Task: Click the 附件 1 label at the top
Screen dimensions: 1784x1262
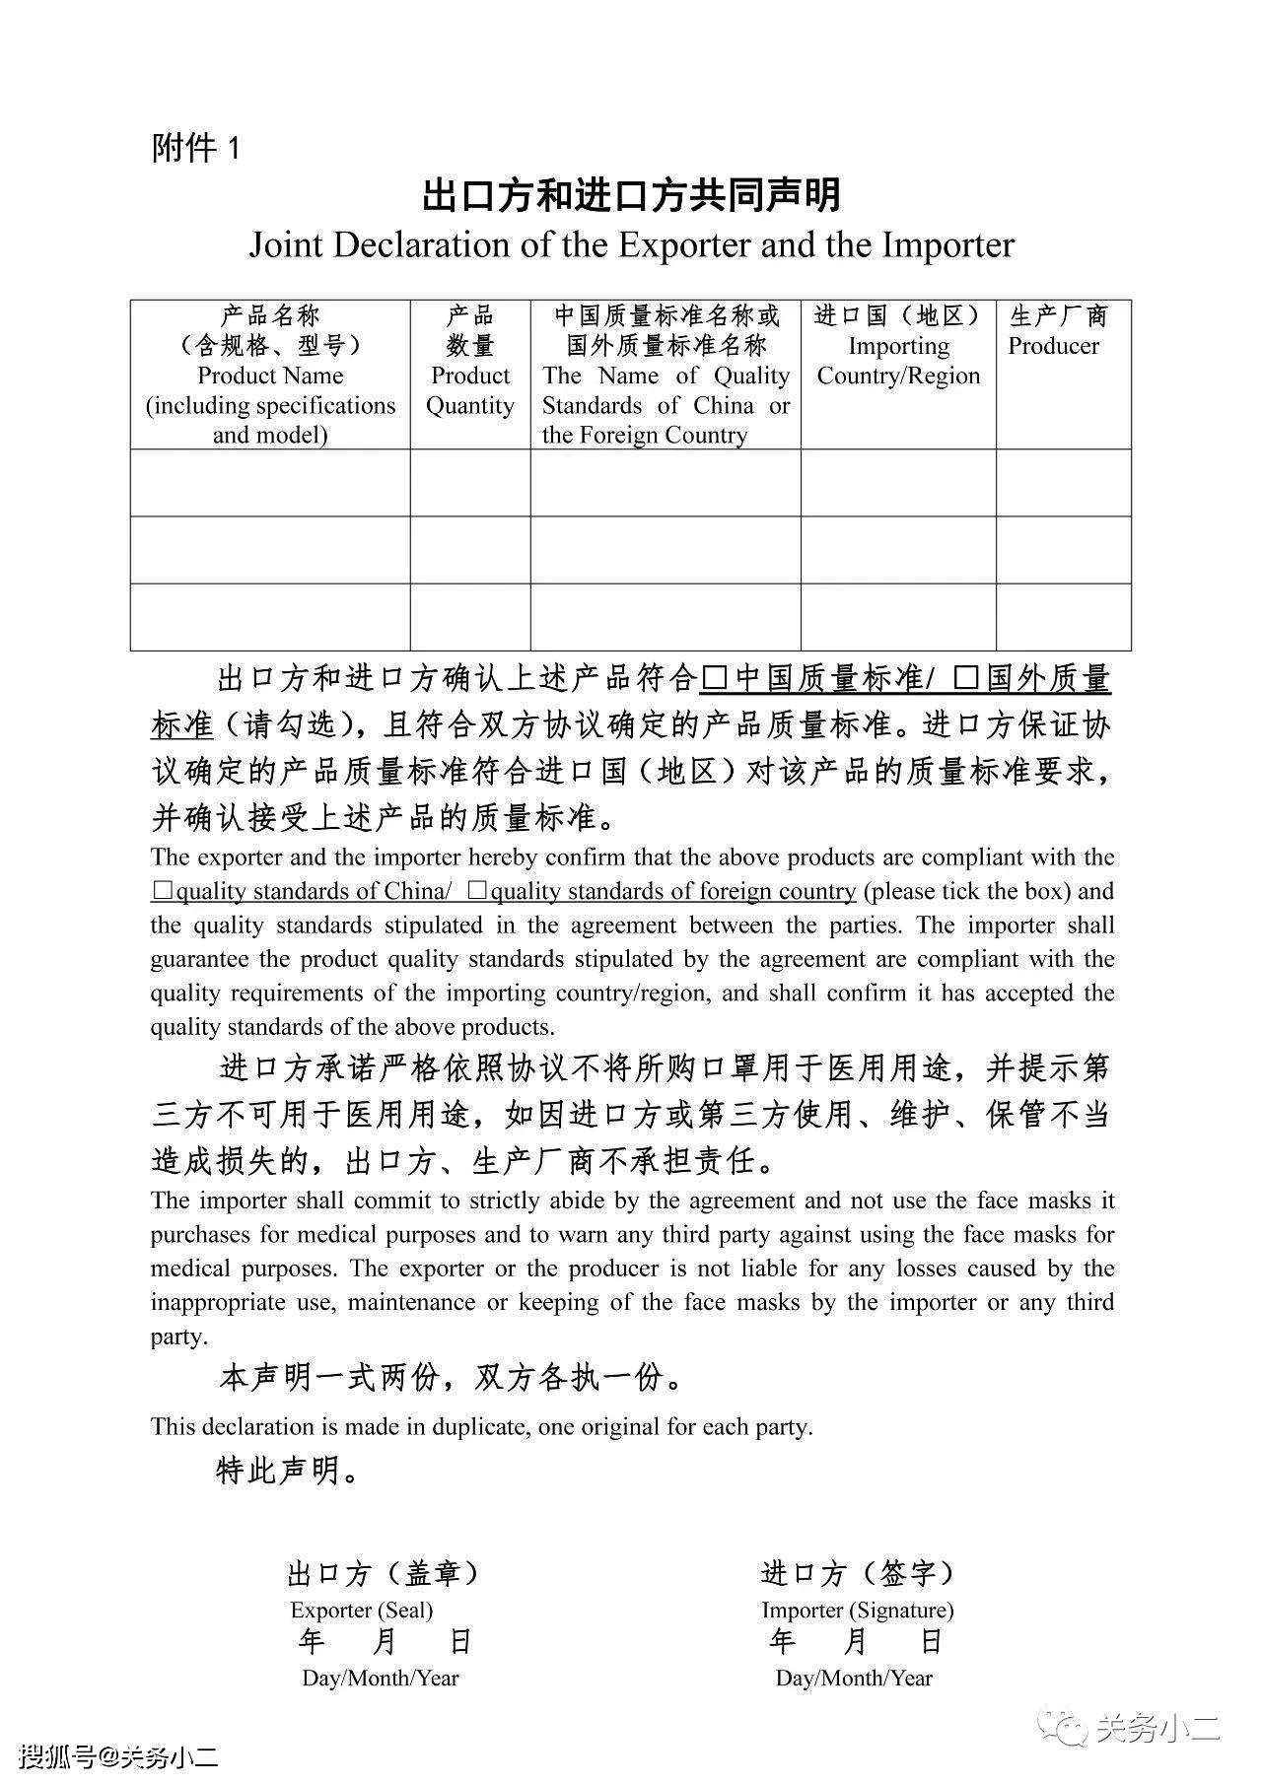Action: pyautogui.click(x=195, y=149)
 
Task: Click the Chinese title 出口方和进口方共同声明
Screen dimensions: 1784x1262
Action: pyautogui.click(x=631, y=195)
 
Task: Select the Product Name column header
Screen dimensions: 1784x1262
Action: pyautogui.click(x=270, y=375)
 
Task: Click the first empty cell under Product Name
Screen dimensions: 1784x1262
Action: pyautogui.click(x=270, y=483)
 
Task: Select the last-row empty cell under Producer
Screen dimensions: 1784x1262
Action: pyautogui.click(x=1063, y=617)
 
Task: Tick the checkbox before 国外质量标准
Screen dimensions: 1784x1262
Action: pyautogui.click(x=966, y=679)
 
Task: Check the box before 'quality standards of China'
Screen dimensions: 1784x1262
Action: pyautogui.click(x=162, y=891)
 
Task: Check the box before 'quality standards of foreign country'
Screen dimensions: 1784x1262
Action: pyautogui.click(x=477, y=891)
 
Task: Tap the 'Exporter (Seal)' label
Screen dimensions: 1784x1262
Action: pyautogui.click(x=362, y=1611)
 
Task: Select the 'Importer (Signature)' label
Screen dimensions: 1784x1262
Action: pyautogui.click(x=858, y=1611)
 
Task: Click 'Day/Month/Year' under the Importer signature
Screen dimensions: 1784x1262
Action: pyautogui.click(x=854, y=1678)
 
